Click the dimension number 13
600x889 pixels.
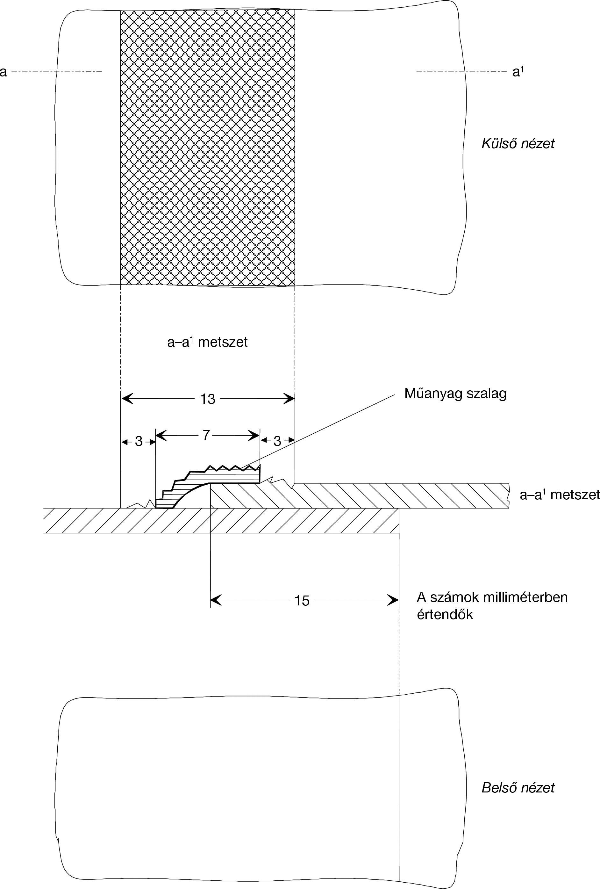coord(208,399)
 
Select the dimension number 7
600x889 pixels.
coord(206,435)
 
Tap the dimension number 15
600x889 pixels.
coord(302,601)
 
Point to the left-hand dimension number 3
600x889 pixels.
coord(139,441)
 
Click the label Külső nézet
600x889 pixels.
coord(518,144)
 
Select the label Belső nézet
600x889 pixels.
coord(518,788)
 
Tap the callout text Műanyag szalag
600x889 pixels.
coord(455,393)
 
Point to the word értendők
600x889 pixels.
coord(445,614)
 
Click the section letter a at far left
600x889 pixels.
coord(4,71)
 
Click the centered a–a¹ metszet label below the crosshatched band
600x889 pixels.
coord(207,342)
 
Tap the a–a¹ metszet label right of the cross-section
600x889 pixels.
coord(560,495)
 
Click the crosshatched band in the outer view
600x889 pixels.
coord(208,147)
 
